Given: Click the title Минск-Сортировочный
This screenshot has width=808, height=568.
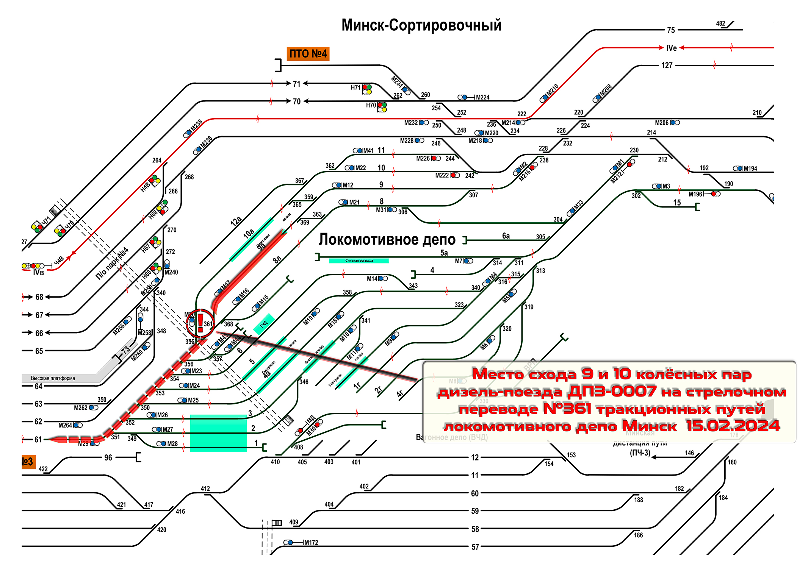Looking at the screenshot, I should (421, 25).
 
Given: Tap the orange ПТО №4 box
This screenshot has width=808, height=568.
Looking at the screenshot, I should (308, 54).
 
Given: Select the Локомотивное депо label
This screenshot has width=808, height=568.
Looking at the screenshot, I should (387, 240).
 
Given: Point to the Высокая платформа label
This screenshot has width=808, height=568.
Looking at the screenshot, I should (53, 378).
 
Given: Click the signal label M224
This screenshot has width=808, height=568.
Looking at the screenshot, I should (482, 97).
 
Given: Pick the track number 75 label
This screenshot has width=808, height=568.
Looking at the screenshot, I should (671, 30).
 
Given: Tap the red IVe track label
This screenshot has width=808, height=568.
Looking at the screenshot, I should (671, 48).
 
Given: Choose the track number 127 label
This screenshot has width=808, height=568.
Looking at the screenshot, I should (667, 66).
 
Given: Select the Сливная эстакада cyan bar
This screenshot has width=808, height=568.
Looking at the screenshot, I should (359, 261).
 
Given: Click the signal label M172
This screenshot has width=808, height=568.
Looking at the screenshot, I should (311, 543).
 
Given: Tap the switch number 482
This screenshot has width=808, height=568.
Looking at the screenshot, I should (720, 23).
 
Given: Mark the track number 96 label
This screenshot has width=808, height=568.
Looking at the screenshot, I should (108, 458).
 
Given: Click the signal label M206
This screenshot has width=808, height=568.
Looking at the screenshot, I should (662, 123).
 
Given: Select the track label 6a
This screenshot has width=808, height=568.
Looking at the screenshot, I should (506, 236).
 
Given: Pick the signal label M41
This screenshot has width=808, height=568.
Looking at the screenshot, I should (368, 151).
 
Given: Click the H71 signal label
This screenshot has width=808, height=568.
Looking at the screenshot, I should (355, 87).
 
